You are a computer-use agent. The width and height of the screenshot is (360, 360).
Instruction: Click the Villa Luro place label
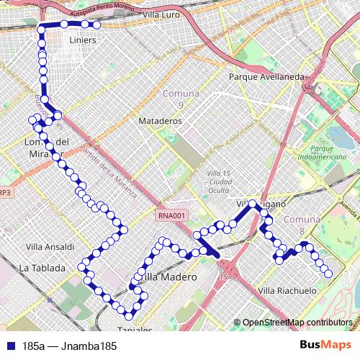162,14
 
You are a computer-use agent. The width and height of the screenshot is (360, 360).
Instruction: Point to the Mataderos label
160,121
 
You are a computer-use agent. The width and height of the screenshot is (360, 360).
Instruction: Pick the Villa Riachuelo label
287,291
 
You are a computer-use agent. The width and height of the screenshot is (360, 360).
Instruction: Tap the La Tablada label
42,268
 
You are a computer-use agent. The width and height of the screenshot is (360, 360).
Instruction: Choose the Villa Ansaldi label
50,246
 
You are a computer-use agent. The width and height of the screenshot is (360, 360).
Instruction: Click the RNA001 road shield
173,215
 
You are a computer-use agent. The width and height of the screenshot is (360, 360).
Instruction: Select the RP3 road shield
4,192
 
